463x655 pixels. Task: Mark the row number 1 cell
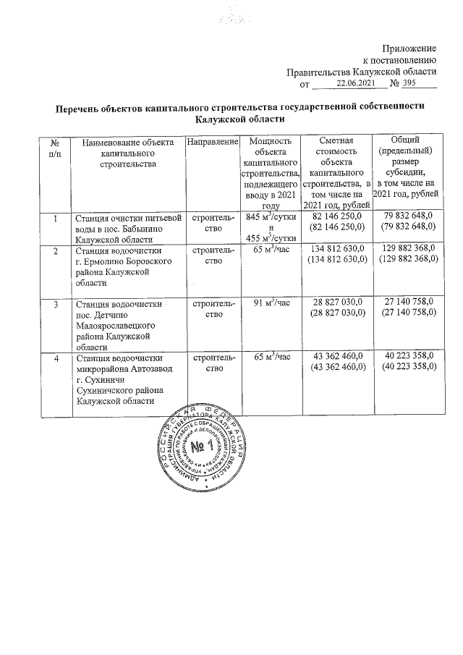[x=56, y=216]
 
